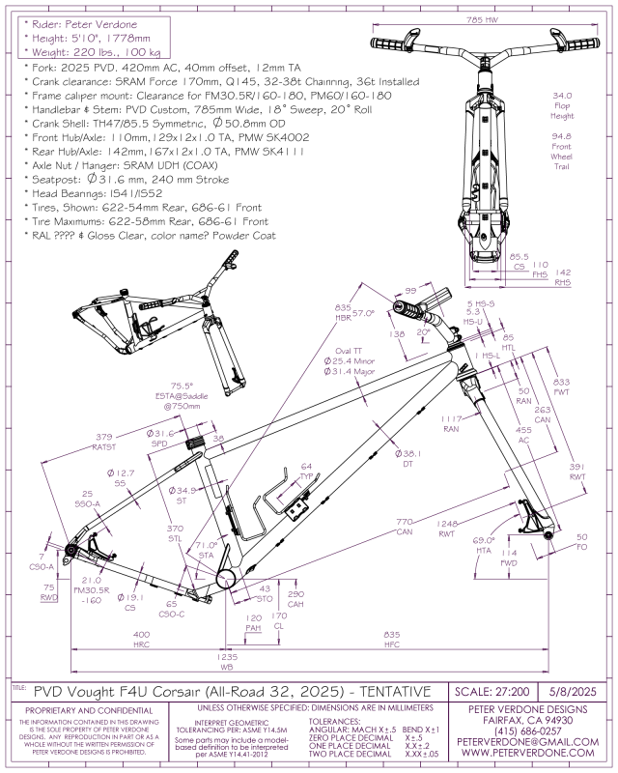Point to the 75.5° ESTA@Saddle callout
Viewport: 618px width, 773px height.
189,395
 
